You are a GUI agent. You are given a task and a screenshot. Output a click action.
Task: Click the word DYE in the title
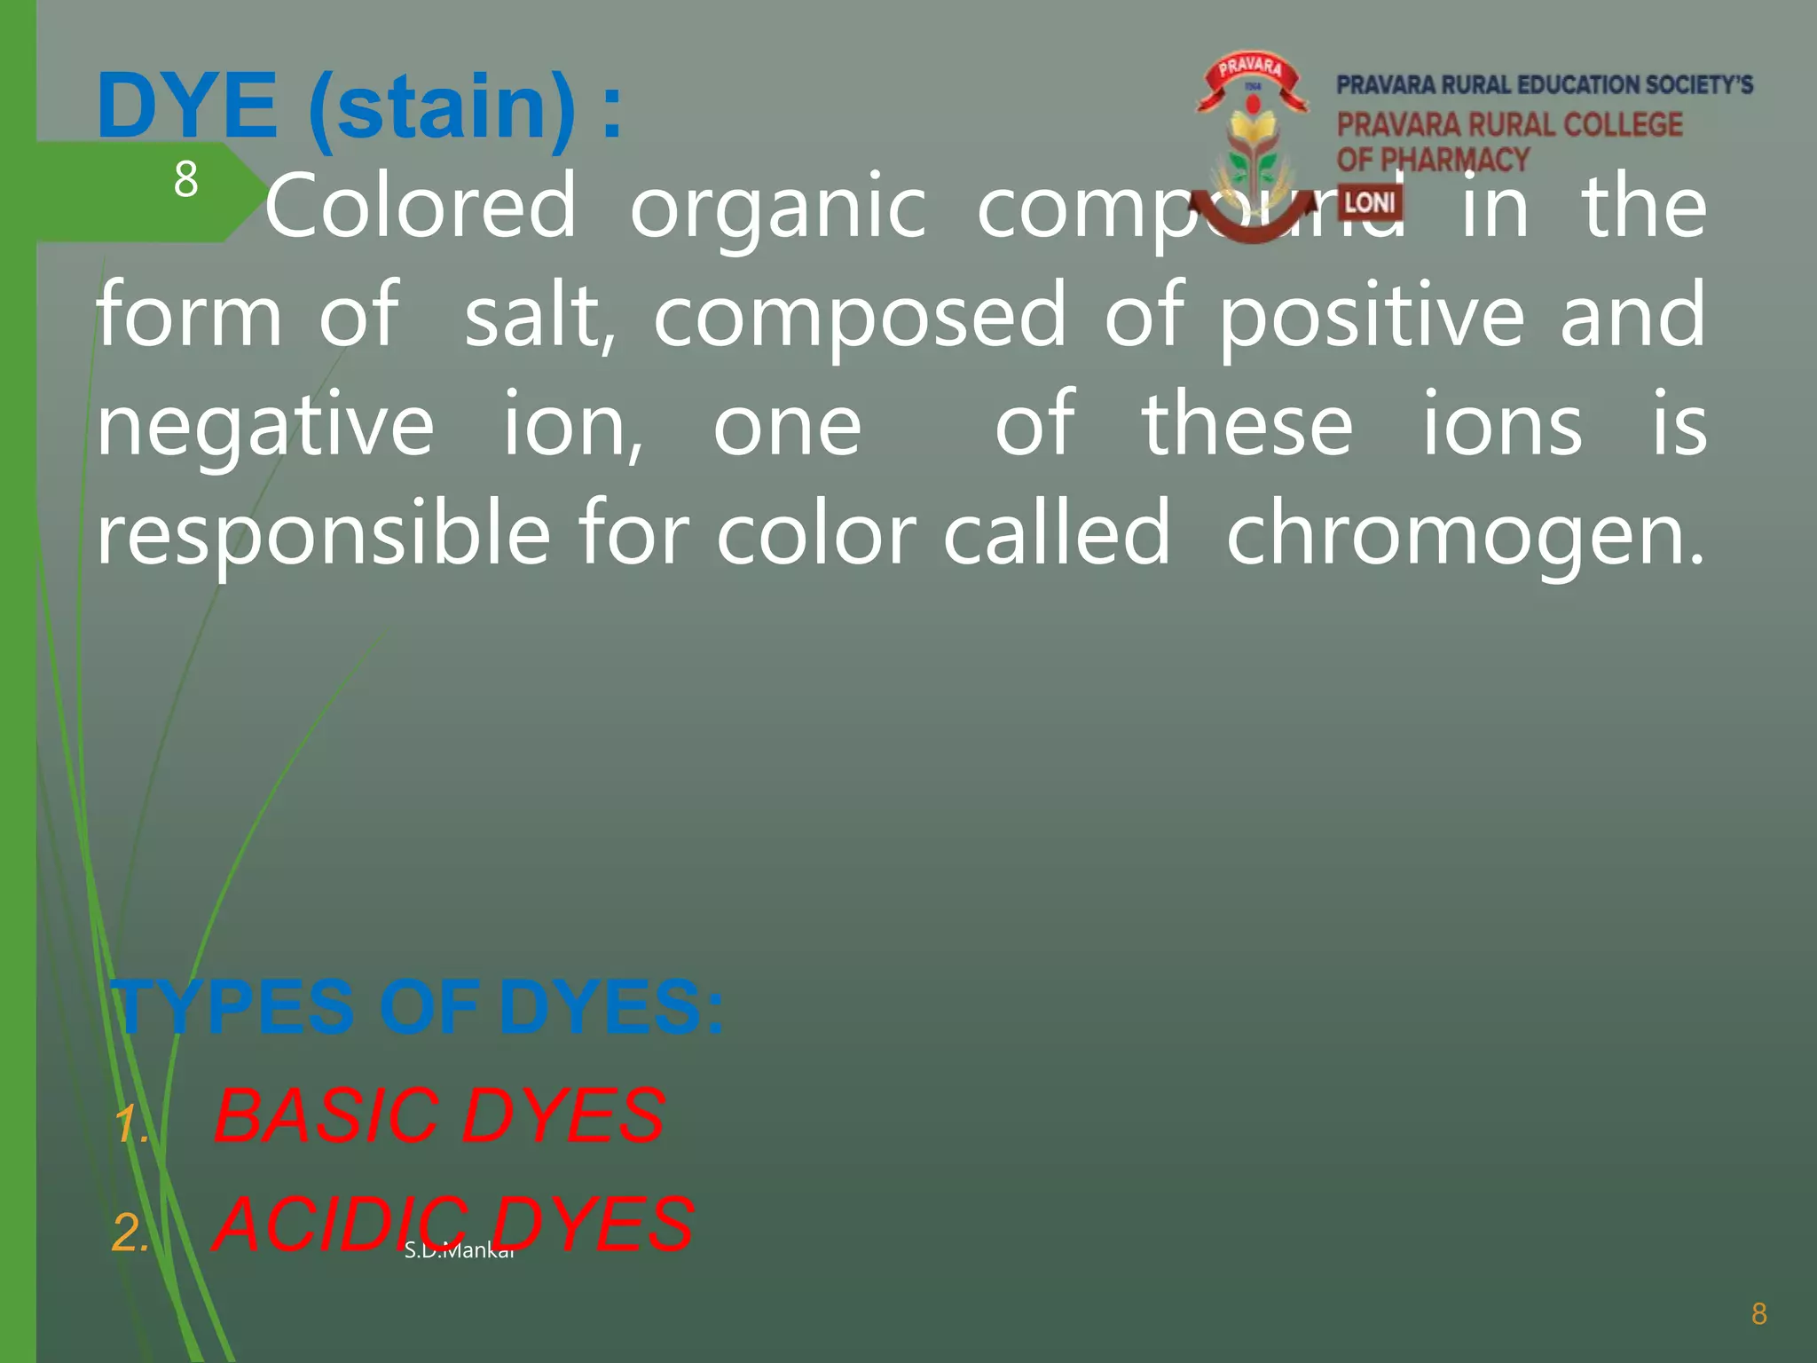click(187, 106)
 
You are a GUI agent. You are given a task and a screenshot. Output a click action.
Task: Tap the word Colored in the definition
click(421, 206)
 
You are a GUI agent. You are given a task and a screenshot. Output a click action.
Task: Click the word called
click(1056, 533)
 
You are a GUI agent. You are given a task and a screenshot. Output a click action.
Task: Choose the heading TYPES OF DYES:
click(419, 1007)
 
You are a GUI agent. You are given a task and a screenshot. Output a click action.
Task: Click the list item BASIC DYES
click(439, 1115)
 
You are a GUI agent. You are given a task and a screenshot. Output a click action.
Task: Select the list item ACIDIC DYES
click(453, 1225)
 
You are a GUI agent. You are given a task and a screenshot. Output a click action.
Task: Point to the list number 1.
click(130, 1123)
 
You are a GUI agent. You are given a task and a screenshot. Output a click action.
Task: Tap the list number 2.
click(130, 1233)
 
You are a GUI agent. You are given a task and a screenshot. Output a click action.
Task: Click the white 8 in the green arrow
click(185, 179)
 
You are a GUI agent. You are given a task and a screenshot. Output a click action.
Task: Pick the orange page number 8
click(1759, 1313)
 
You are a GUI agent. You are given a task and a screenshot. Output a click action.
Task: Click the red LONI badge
click(1369, 203)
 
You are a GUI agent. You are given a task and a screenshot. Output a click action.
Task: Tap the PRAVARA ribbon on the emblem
click(1250, 71)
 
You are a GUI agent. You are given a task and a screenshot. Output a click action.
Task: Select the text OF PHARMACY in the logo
click(1433, 160)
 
